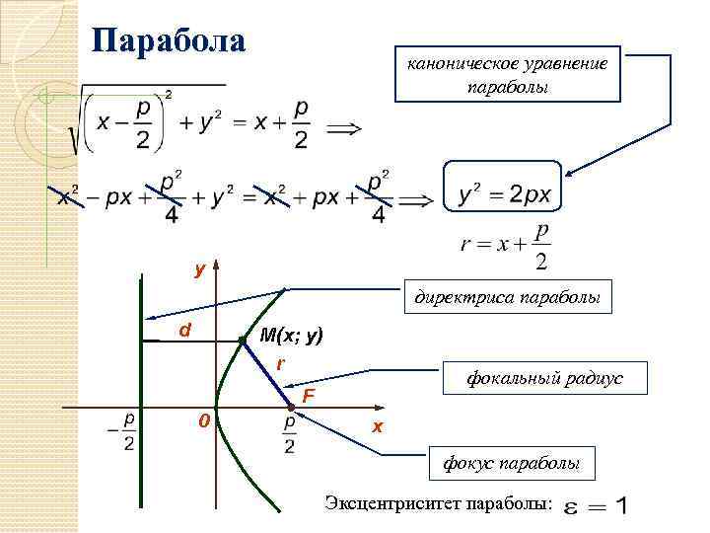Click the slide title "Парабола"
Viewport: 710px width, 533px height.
point(168,42)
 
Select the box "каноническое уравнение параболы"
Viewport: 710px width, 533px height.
point(508,74)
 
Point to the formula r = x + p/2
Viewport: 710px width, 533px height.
point(504,244)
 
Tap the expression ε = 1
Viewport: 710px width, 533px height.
point(593,505)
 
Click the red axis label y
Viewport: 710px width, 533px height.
point(199,268)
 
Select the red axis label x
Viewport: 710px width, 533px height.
point(376,426)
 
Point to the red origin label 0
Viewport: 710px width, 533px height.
point(203,421)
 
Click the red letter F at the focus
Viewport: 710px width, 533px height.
point(308,396)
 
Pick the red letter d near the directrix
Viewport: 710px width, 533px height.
point(183,330)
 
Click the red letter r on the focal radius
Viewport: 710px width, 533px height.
point(280,364)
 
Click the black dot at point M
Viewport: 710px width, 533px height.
point(242,342)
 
